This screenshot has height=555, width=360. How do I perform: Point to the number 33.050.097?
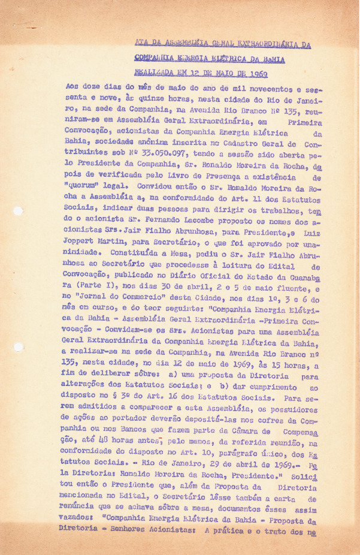pos(141,152)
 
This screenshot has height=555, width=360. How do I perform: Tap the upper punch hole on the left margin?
pos(17,210)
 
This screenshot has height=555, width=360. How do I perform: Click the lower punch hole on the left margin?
pos(17,347)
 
